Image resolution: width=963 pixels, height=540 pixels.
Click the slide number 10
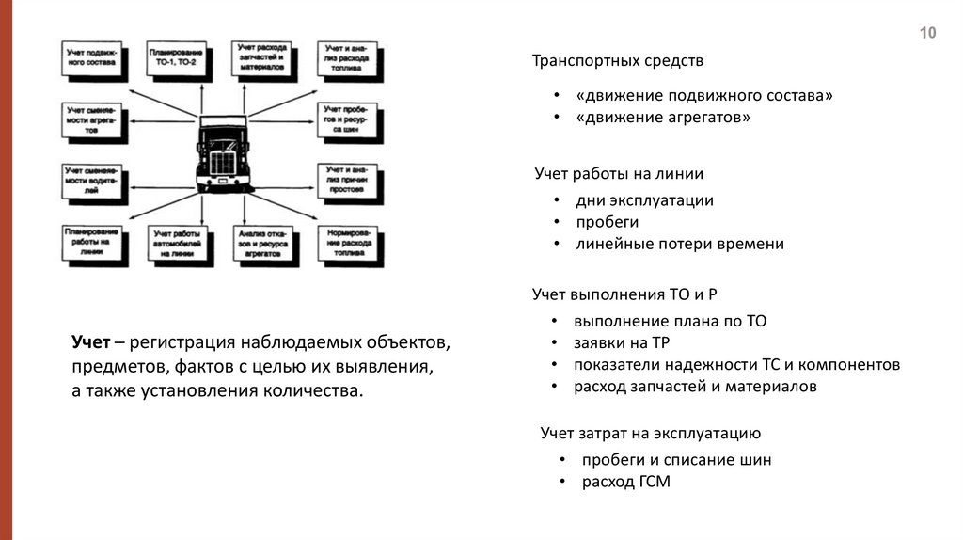[927, 33]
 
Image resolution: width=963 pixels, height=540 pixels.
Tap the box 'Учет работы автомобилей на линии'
[176, 244]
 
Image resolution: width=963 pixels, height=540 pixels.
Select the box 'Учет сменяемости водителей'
[93, 181]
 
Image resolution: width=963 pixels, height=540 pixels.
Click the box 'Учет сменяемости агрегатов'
[93, 121]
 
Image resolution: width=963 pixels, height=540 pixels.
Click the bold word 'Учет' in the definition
[91, 340]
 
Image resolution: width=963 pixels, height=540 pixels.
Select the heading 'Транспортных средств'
[617, 61]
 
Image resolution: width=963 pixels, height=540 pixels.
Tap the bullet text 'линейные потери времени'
[680, 244]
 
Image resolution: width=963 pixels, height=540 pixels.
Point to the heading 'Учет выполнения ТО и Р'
[630, 294]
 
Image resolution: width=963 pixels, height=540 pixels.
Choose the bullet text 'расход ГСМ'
[626, 482]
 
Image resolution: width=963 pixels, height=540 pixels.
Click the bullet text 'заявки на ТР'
[622, 342]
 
